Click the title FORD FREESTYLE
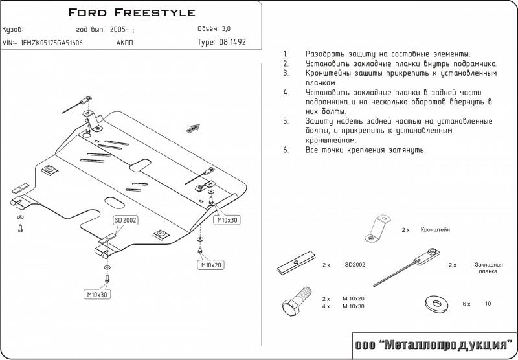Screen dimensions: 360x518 (x=131, y=13)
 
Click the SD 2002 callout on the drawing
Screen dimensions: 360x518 (x=126, y=221)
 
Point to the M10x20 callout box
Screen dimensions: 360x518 (x=211, y=265)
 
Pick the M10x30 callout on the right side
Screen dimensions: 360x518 (x=227, y=221)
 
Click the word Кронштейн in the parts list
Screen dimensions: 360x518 (x=435, y=230)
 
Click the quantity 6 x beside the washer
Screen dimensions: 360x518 (x=465, y=303)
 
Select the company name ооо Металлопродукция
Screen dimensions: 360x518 (x=432, y=344)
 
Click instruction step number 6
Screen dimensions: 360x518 (x=286, y=150)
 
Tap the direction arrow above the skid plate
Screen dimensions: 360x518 (x=192, y=129)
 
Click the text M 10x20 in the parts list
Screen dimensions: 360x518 (x=354, y=298)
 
